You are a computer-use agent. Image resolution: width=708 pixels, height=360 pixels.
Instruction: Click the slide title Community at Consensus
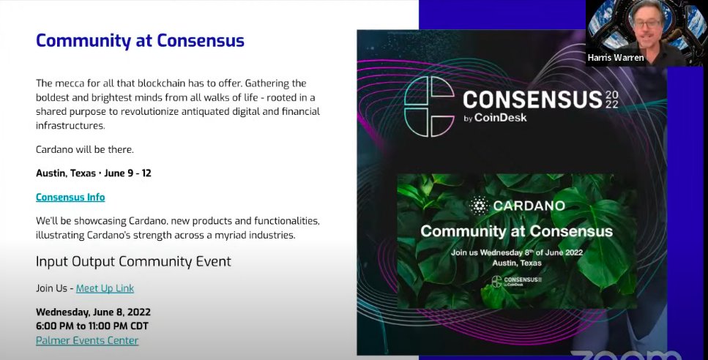pos(140,40)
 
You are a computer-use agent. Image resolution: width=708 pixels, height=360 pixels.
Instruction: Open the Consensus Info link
pos(70,197)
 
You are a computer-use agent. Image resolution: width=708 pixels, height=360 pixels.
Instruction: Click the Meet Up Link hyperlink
pos(105,288)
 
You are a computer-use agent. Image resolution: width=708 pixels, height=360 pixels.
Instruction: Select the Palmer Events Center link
pos(87,340)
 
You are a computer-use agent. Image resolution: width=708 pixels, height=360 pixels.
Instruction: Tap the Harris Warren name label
pos(616,57)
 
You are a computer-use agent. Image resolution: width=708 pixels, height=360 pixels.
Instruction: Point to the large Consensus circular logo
pos(429,107)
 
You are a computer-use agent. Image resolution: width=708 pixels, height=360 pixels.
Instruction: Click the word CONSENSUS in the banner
pos(532,100)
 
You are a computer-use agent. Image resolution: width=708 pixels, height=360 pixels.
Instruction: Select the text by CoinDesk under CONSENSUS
pos(495,118)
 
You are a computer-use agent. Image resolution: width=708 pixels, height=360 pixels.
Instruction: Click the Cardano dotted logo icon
pos(479,206)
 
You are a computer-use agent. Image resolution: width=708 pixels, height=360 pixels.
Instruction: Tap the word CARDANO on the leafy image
pos(529,206)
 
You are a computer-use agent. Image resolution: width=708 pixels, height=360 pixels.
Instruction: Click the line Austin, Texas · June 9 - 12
pos(94,173)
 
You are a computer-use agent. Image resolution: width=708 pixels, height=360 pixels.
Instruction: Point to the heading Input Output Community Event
pos(133,262)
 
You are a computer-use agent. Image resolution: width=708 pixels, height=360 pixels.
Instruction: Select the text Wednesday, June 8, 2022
pos(94,312)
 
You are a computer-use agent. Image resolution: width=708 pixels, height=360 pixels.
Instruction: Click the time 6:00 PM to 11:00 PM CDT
pos(92,326)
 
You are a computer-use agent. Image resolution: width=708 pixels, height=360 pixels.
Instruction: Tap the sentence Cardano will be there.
pos(85,149)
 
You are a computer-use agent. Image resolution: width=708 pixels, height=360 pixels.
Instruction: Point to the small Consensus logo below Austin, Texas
pos(516,282)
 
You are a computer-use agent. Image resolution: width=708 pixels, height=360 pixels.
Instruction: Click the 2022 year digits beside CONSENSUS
pos(612,100)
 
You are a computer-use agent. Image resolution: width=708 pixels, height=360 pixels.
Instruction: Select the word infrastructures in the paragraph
pos(70,125)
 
